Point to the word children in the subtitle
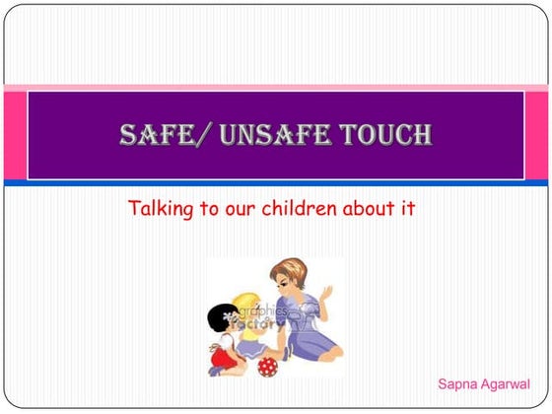[310, 209]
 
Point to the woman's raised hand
[326, 294]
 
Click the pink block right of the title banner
[537, 134]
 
